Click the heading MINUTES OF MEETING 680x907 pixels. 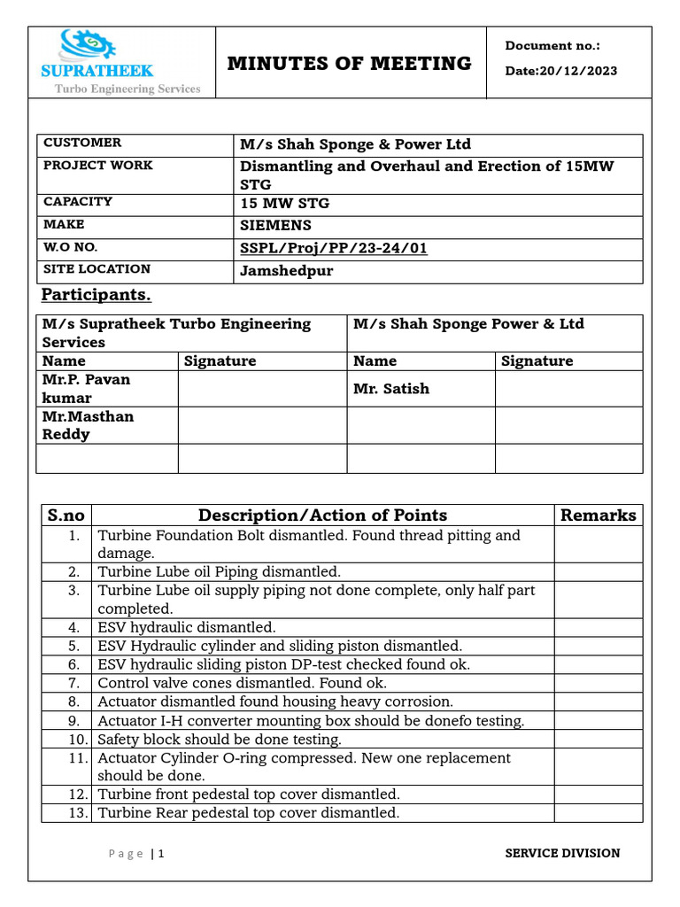click(349, 63)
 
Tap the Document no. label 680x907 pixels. click(552, 46)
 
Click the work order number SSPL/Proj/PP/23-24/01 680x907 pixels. click(334, 248)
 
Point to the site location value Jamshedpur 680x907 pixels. click(287, 271)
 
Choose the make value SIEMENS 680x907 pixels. click(276, 226)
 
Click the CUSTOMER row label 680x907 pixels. click(82, 143)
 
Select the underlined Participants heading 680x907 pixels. click(97, 295)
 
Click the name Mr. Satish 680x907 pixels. click(391, 388)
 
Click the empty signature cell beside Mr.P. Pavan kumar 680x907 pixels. click(262, 389)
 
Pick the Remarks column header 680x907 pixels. click(599, 516)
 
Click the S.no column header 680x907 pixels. click(66, 516)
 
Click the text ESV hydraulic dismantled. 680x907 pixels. click(187, 627)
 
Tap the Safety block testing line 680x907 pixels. click(220, 739)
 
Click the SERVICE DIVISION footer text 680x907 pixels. click(562, 853)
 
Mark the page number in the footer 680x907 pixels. click(161, 854)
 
